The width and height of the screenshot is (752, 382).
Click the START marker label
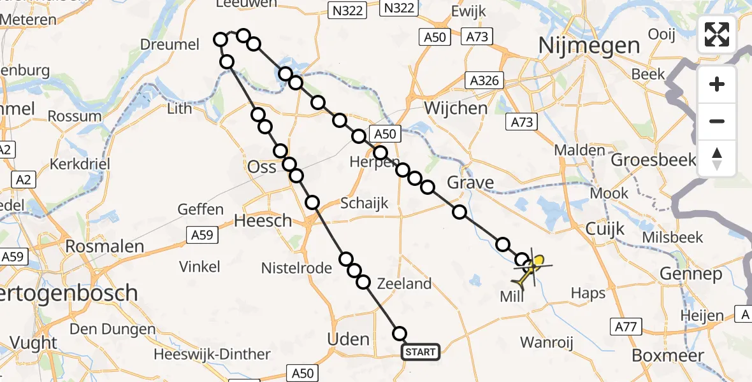421,352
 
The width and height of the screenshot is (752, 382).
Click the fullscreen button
717,34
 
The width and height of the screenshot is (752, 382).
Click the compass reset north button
717,159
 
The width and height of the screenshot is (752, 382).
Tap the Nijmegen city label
589,46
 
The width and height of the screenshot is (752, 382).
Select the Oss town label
262,167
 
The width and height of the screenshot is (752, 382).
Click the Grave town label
470,183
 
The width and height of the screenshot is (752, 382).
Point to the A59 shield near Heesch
204,235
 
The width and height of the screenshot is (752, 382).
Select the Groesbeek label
653,160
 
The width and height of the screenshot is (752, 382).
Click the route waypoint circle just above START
400,334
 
